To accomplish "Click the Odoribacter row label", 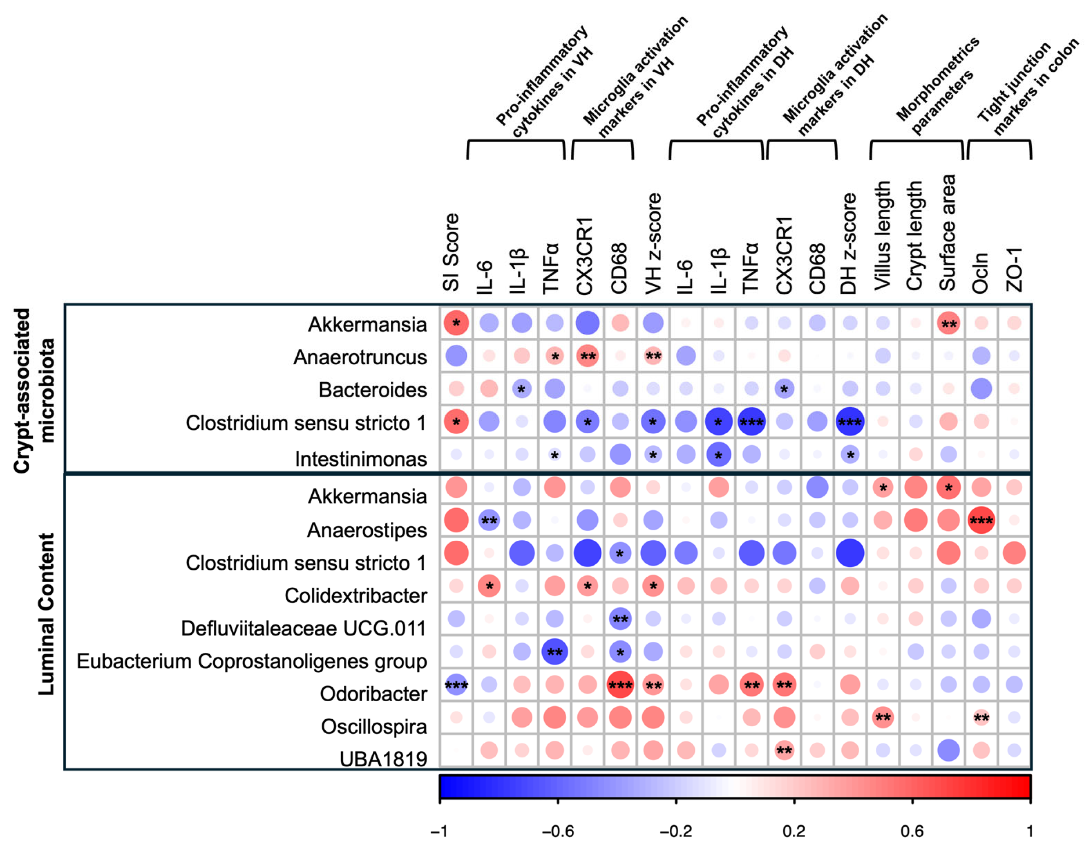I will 373,694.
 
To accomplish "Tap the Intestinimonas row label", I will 361,459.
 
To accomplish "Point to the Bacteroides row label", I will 373,390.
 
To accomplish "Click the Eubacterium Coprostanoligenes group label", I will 252,662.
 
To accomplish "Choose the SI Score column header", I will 451,252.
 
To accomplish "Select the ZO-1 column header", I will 1014,269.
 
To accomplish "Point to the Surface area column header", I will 948,232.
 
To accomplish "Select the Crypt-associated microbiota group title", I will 34,390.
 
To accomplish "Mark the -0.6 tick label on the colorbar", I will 558,831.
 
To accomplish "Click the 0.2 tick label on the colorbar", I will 794,831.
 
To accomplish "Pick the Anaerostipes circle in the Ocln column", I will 981,520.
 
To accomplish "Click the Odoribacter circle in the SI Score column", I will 456,685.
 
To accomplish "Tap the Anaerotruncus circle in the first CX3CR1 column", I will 588,356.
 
